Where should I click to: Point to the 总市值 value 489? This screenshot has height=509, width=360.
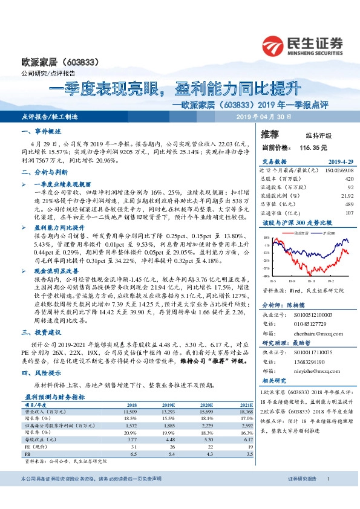click(349, 204)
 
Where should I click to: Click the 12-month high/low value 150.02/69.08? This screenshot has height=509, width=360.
click(340, 170)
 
